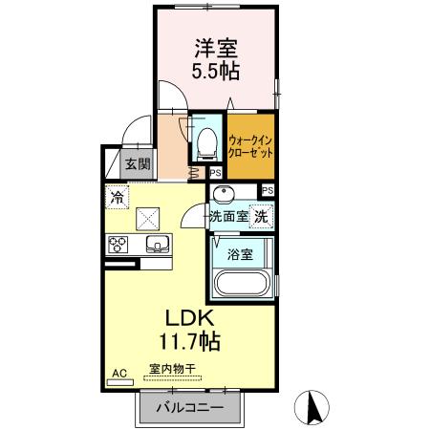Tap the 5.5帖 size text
tap(218, 70)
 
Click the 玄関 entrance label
tap(137, 164)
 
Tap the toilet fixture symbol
tap(204, 141)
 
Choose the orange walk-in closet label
tap(251, 146)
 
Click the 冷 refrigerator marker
tap(116, 198)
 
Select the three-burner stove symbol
tap(119, 244)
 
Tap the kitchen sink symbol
tap(156, 244)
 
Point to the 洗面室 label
tap(229, 216)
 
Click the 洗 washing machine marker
tap(261, 216)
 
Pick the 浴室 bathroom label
tap(241, 255)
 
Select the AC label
tap(120, 373)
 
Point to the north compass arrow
tap(313, 409)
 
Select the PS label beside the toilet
tap(215, 173)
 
